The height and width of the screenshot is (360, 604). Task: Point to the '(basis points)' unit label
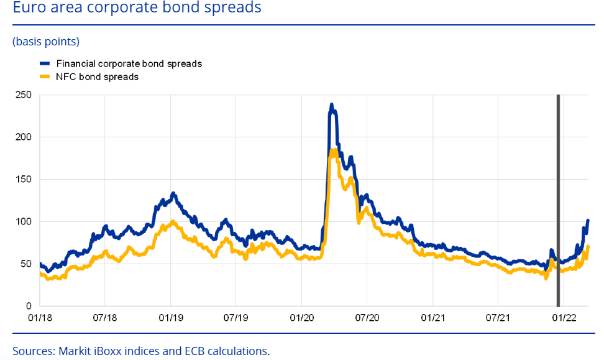pyautogui.click(x=46, y=42)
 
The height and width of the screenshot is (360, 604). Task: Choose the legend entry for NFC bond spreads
pyautogui.click(x=97, y=76)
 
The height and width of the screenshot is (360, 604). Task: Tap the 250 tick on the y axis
pyautogui.click(x=23, y=95)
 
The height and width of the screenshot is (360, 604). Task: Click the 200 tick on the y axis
pyautogui.click(x=23, y=137)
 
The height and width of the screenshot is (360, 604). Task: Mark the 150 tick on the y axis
pyautogui.click(x=23, y=180)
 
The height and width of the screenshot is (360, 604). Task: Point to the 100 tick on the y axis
pyautogui.click(x=23, y=222)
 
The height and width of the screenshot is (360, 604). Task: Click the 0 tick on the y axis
pyautogui.click(x=28, y=307)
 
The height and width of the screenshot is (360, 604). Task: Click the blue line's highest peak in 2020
pyautogui.click(x=331, y=105)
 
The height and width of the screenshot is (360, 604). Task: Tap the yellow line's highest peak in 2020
pyautogui.click(x=332, y=150)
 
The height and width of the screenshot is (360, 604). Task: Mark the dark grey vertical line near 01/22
pyautogui.click(x=558, y=199)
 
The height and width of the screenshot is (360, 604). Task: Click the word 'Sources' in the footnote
pyautogui.click(x=33, y=351)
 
